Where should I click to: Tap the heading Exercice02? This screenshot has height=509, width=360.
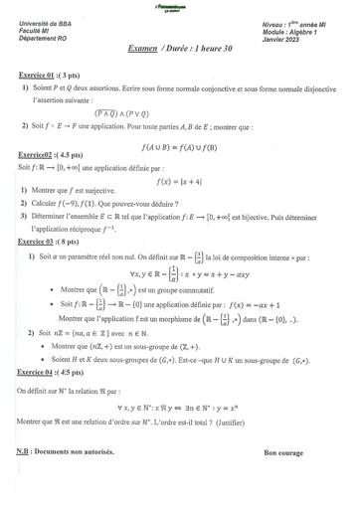38,155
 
